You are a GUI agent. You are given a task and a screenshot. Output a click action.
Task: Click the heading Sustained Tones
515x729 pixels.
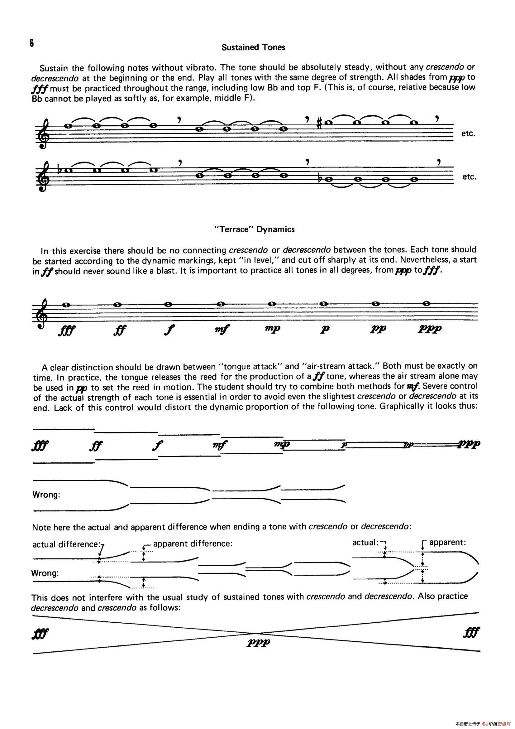(x=253, y=47)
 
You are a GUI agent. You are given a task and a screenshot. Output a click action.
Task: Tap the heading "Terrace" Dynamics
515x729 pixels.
(x=255, y=229)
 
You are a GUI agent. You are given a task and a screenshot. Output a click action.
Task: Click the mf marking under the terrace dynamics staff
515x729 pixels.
(x=222, y=331)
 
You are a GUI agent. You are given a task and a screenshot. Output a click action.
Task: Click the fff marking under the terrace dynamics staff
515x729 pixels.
(x=66, y=331)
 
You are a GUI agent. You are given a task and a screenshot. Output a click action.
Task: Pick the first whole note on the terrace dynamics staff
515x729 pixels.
(x=66, y=305)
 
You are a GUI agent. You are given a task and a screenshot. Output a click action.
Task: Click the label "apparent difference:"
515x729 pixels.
(x=193, y=543)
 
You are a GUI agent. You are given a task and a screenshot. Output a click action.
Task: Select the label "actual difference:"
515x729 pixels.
(x=67, y=544)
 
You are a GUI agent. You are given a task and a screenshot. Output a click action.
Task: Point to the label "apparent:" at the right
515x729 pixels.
(x=447, y=542)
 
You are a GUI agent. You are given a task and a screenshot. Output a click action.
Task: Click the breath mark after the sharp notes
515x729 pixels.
(x=437, y=118)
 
